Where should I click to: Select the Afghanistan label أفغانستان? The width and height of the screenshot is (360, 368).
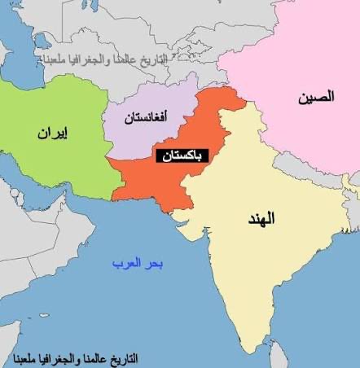(x=146, y=118)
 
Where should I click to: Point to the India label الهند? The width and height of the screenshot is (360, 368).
(x=261, y=218)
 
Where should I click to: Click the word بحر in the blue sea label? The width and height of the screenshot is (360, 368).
(x=156, y=264)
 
